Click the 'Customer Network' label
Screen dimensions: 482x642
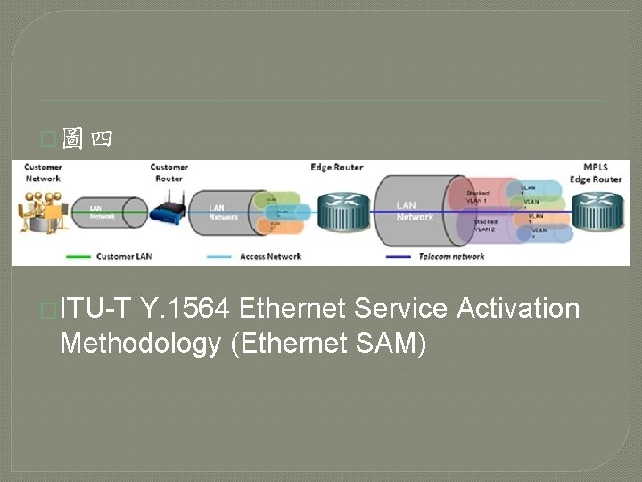coord(42,172)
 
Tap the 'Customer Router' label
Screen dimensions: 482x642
coord(169,172)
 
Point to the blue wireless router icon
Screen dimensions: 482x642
coord(168,211)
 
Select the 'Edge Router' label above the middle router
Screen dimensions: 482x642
coord(336,168)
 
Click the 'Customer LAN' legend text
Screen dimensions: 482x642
coord(124,257)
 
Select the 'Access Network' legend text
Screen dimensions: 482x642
coord(270,257)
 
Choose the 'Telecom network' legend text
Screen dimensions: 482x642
coord(451,257)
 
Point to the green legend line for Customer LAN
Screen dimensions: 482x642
coord(78,257)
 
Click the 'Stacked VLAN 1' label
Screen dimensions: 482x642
coord(478,196)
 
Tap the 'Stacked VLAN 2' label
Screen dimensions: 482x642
coord(485,226)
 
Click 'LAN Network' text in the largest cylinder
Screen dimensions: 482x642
coord(415,212)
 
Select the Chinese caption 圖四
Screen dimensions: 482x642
coord(86,140)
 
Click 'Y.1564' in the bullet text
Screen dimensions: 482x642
coord(186,309)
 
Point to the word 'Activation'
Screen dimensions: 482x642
coord(518,309)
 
